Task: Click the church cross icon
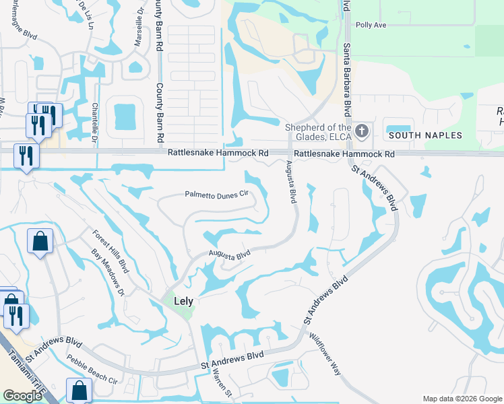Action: point(362,131)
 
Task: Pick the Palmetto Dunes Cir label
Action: point(217,194)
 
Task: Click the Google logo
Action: point(23,396)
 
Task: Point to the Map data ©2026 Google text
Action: point(461,398)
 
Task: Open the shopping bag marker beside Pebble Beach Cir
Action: point(79,390)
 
